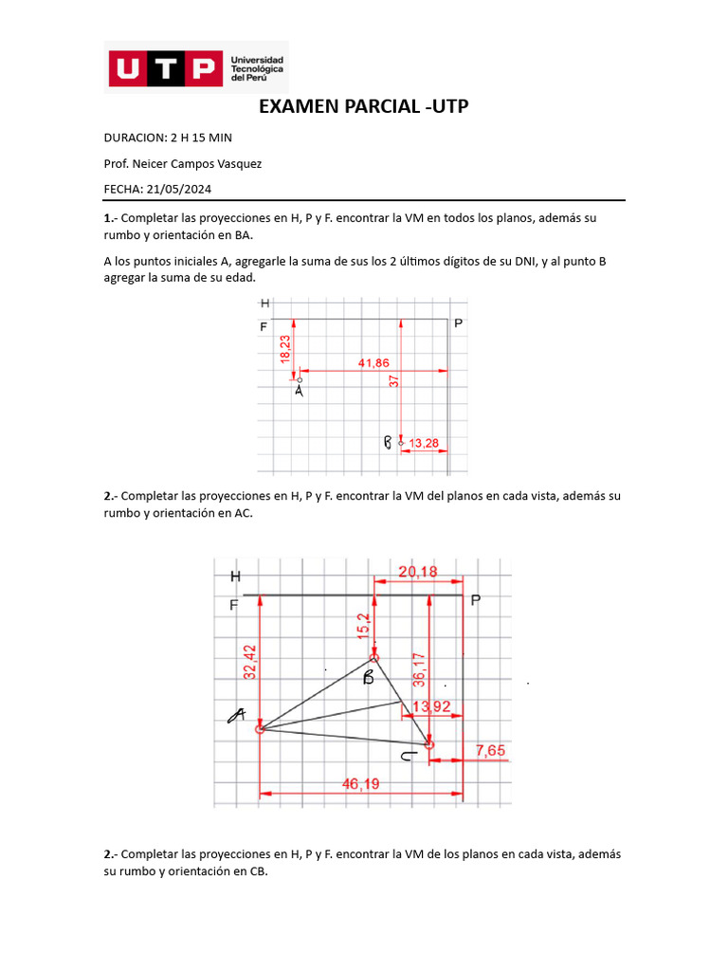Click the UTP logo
coord(198,67)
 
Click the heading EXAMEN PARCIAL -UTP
coord(364,107)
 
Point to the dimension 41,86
coord(373,362)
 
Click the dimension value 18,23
coord(284,347)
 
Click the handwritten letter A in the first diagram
coord(300,389)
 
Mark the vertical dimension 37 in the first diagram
coord(393,379)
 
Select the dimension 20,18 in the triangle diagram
coord(418,572)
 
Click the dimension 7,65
coord(490,750)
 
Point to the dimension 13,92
coord(431,705)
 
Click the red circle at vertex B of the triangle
coord(374,657)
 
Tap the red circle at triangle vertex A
coord(260,729)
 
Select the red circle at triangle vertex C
coord(429,745)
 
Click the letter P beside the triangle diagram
coord(476,599)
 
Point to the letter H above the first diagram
coord(264,303)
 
